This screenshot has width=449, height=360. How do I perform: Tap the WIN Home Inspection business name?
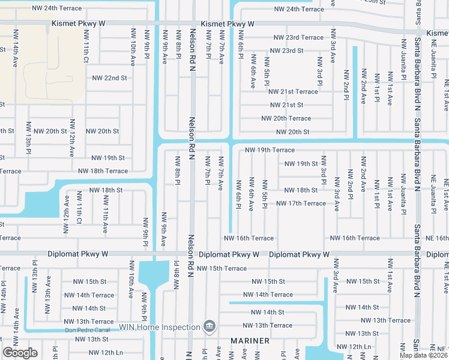point(160,327)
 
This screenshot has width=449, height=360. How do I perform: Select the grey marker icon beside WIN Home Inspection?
point(208,327)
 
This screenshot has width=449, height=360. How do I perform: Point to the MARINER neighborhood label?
point(249,341)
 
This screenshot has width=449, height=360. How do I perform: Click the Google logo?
point(20,353)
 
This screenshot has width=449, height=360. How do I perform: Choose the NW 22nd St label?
point(109,78)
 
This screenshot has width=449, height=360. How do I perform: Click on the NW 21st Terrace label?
point(293,92)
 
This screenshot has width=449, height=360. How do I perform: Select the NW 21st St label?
point(286,105)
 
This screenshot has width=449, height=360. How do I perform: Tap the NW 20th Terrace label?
point(286,118)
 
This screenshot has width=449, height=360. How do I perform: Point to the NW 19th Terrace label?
point(270,150)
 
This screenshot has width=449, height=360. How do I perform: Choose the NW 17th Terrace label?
point(301,203)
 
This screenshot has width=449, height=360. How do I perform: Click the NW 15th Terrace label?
point(221,268)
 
